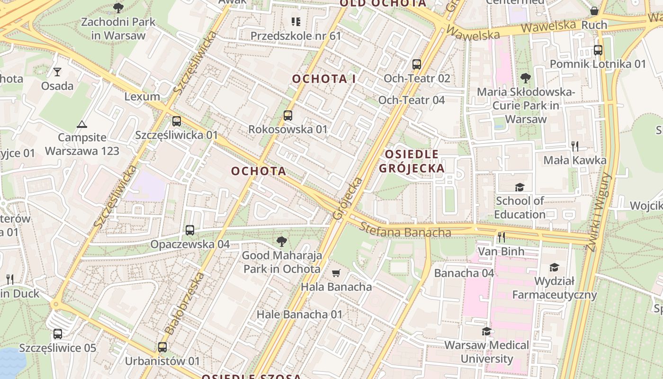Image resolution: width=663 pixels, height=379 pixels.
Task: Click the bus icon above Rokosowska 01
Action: point(288,116)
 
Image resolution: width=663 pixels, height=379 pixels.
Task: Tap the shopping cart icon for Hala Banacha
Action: point(336,273)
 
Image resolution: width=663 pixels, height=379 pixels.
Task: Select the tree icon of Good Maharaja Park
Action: point(282,242)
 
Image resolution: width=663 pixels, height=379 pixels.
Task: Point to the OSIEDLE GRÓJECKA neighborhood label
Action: point(412,161)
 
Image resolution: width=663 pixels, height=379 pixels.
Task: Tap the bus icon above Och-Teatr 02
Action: point(417,64)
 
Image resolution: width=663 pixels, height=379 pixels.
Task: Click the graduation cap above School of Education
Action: point(520,187)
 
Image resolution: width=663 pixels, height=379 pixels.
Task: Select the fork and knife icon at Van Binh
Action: point(501,237)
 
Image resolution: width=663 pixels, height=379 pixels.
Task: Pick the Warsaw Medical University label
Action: point(487,352)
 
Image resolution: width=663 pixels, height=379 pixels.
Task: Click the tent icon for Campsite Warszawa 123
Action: point(82,125)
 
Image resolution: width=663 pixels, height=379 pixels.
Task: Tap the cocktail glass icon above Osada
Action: point(57,72)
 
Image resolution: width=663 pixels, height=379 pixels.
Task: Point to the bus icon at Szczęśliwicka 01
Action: point(177,121)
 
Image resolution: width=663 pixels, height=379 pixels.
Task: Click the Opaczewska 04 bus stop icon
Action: point(190,230)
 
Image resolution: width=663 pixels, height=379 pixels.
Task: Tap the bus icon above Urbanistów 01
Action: point(162,347)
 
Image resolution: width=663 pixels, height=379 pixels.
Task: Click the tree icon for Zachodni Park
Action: point(118,8)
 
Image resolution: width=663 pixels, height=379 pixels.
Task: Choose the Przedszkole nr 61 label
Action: point(296,36)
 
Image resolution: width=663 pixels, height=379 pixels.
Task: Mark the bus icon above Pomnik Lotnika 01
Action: point(598,50)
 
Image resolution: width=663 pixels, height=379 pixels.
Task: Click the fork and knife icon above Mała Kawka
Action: point(575,146)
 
